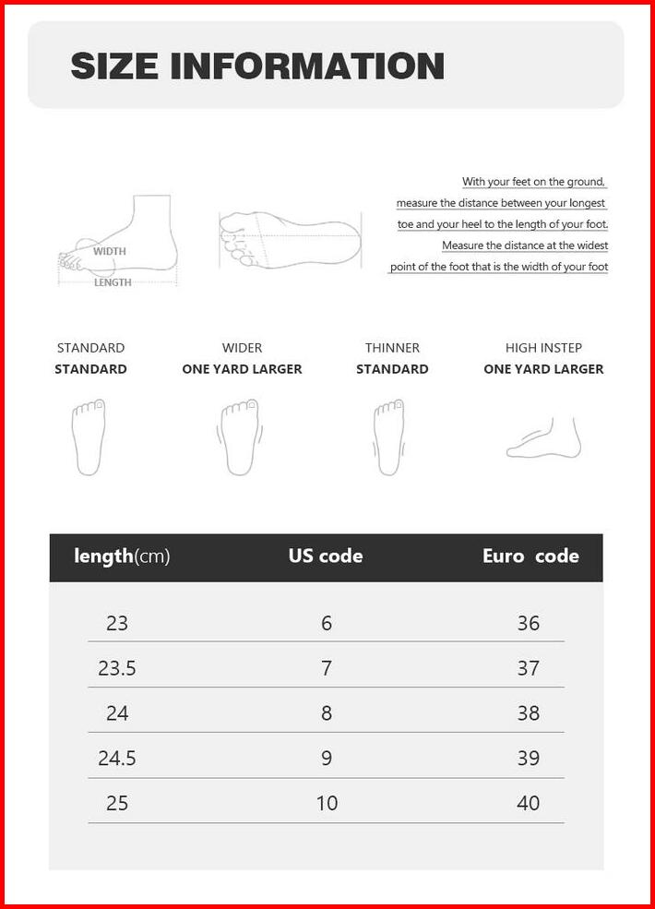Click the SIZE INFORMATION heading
coord(257,66)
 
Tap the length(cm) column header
coord(122,556)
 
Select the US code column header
coord(326,556)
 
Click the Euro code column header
coord(530,556)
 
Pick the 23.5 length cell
coord(117,668)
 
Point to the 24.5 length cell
coord(117,758)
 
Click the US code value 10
coord(327,803)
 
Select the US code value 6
coord(327,623)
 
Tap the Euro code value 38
coord(528,712)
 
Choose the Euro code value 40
coord(528,803)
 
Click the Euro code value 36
coord(528,623)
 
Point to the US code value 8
coord(327,712)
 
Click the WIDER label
coord(242,348)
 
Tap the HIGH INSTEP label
coord(543,348)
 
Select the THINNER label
coord(392,348)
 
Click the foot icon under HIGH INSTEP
coord(544,438)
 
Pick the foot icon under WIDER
coord(241,437)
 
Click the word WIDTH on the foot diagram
coord(109,251)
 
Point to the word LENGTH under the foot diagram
coord(113,282)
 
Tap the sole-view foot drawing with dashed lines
coord(289,238)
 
